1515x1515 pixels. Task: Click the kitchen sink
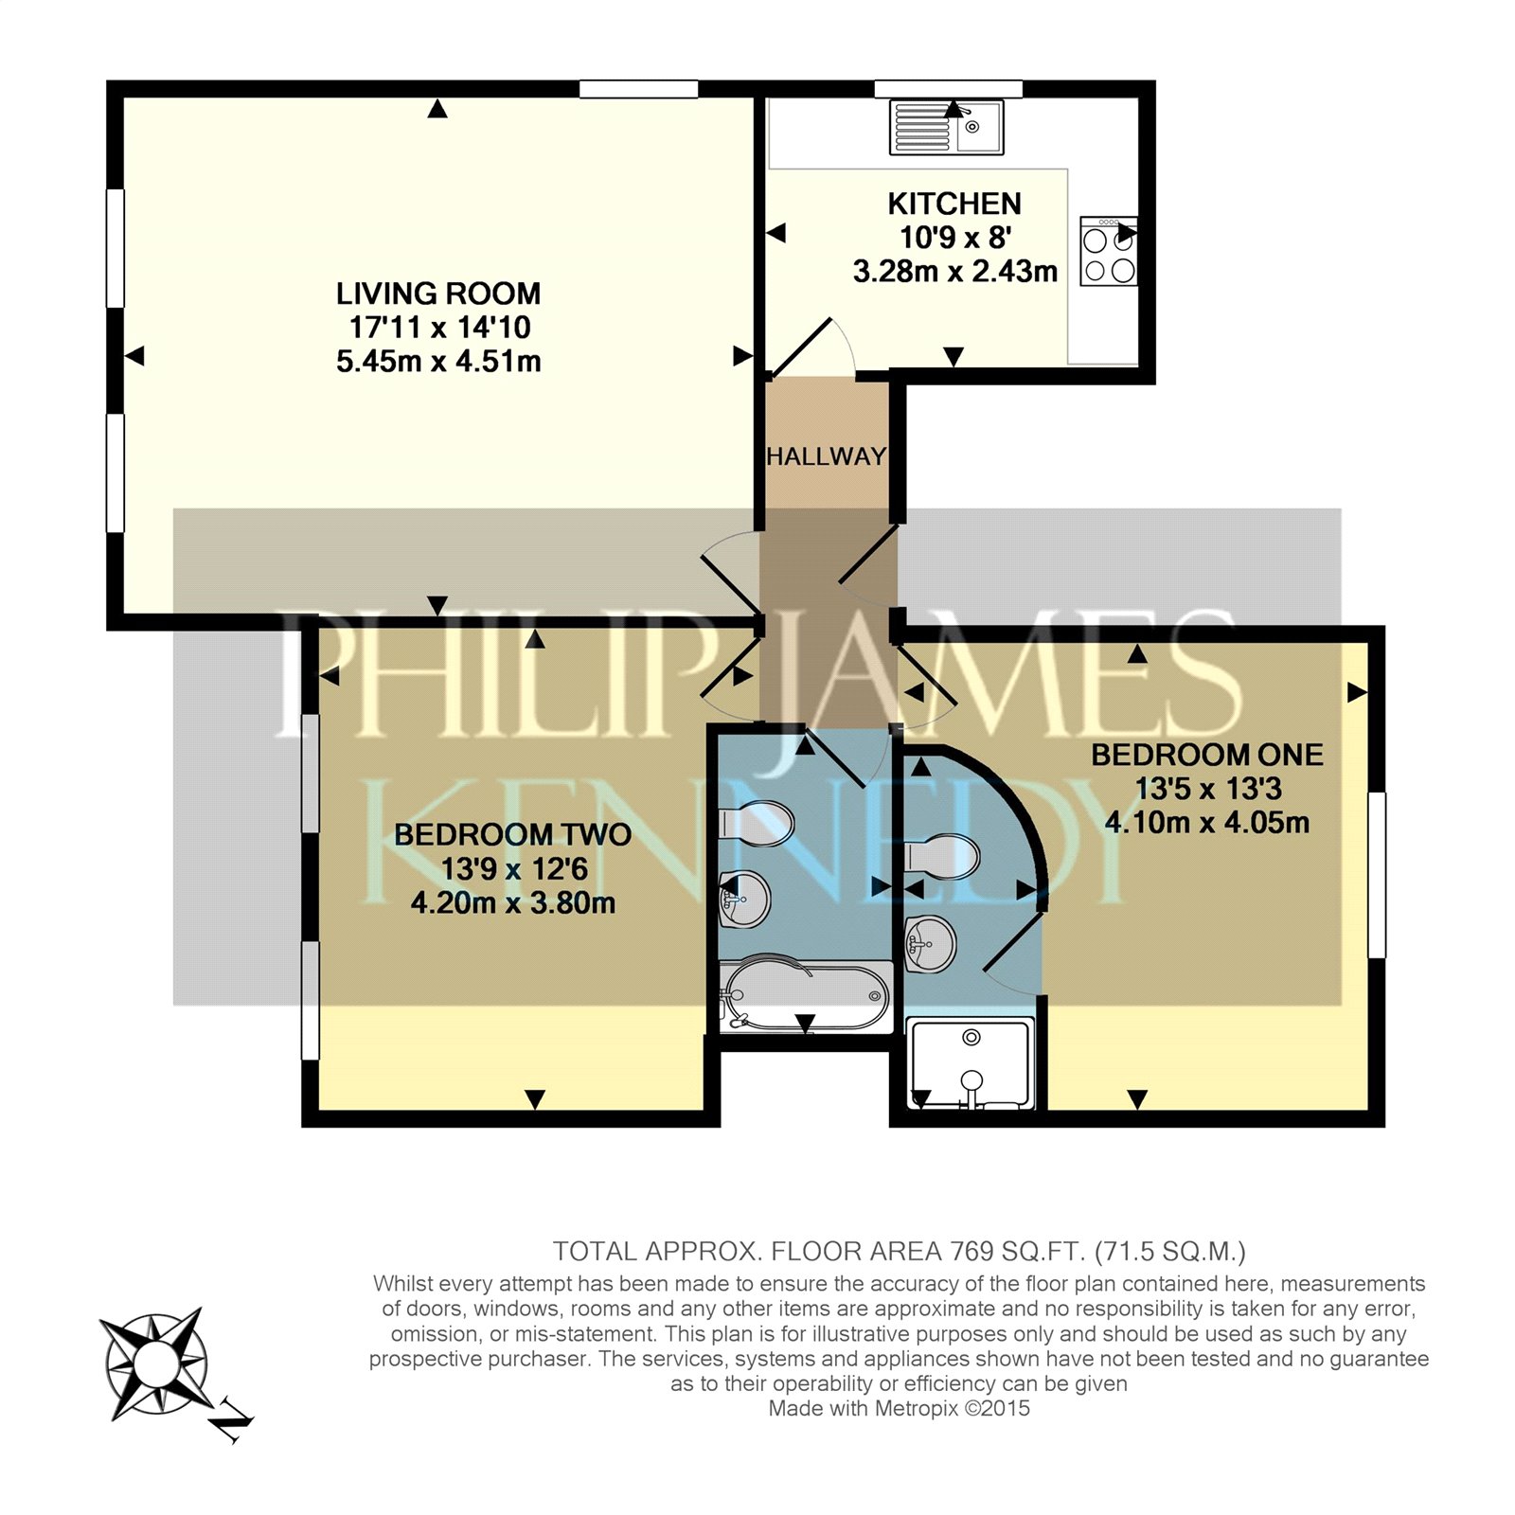click(946, 127)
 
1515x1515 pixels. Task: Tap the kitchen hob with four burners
click(1109, 251)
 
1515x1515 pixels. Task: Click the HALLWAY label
click(827, 456)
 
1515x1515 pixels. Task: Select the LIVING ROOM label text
click(438, 294)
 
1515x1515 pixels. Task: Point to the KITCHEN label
click(954, 204)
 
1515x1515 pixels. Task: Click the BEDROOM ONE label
click(1207, 755)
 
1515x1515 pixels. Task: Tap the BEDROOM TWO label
click(512, 835)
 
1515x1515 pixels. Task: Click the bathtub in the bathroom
click(806, 996)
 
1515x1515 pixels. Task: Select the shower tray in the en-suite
click(971, 1063)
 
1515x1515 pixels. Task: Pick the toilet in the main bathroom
click(757, 824)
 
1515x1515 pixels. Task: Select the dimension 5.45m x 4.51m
click(438, 362)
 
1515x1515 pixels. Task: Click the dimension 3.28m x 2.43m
click(954, 272)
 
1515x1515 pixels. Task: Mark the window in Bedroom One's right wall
click(1377, 875)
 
